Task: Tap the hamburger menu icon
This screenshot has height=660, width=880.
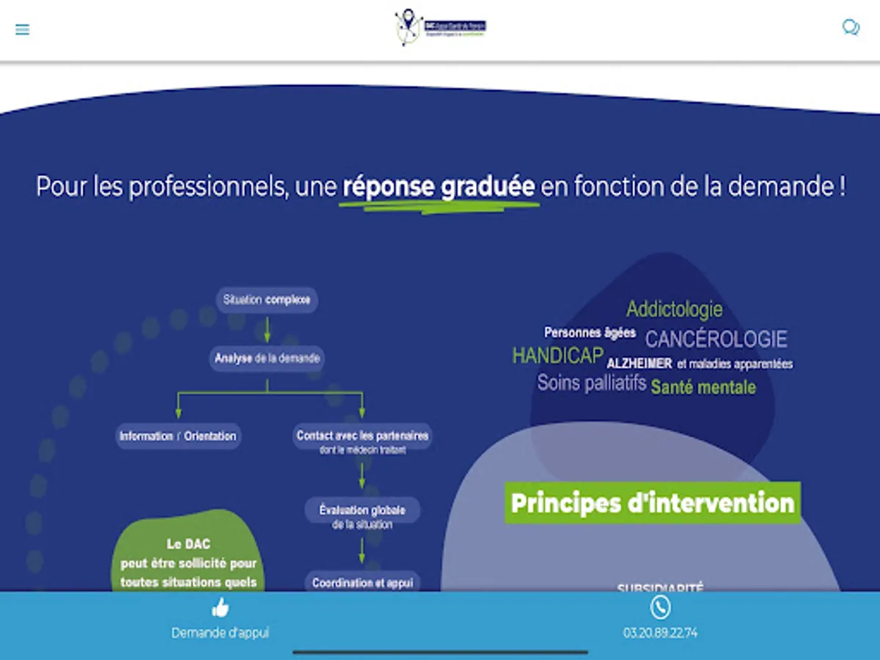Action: [23, 30]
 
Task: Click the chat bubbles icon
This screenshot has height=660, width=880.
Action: [851, 28]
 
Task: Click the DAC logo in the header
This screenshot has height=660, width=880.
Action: [440, 28]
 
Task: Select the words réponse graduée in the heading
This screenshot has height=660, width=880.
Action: [439, 186]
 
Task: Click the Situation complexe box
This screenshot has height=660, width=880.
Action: [267, 300]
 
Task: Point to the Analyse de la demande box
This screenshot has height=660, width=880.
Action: [267, 359]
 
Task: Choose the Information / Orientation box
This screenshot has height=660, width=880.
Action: [178, 436]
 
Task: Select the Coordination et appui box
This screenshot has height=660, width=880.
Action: [362, 583]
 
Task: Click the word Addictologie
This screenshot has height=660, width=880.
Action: [674, 309]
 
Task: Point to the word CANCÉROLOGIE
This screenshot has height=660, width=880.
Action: [716, 340]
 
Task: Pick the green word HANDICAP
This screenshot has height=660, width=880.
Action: [557, 356]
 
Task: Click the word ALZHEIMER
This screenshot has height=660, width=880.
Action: [639, 364]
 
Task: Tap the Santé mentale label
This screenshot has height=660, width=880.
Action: [703, 387]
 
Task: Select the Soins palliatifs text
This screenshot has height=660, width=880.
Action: [592, 383]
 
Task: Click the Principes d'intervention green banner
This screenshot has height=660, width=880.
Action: [652, 503]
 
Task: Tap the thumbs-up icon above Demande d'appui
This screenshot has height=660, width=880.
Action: [220, 607]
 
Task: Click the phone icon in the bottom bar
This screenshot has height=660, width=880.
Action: [660, 607]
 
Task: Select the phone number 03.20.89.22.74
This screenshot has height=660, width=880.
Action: [660, 633]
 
